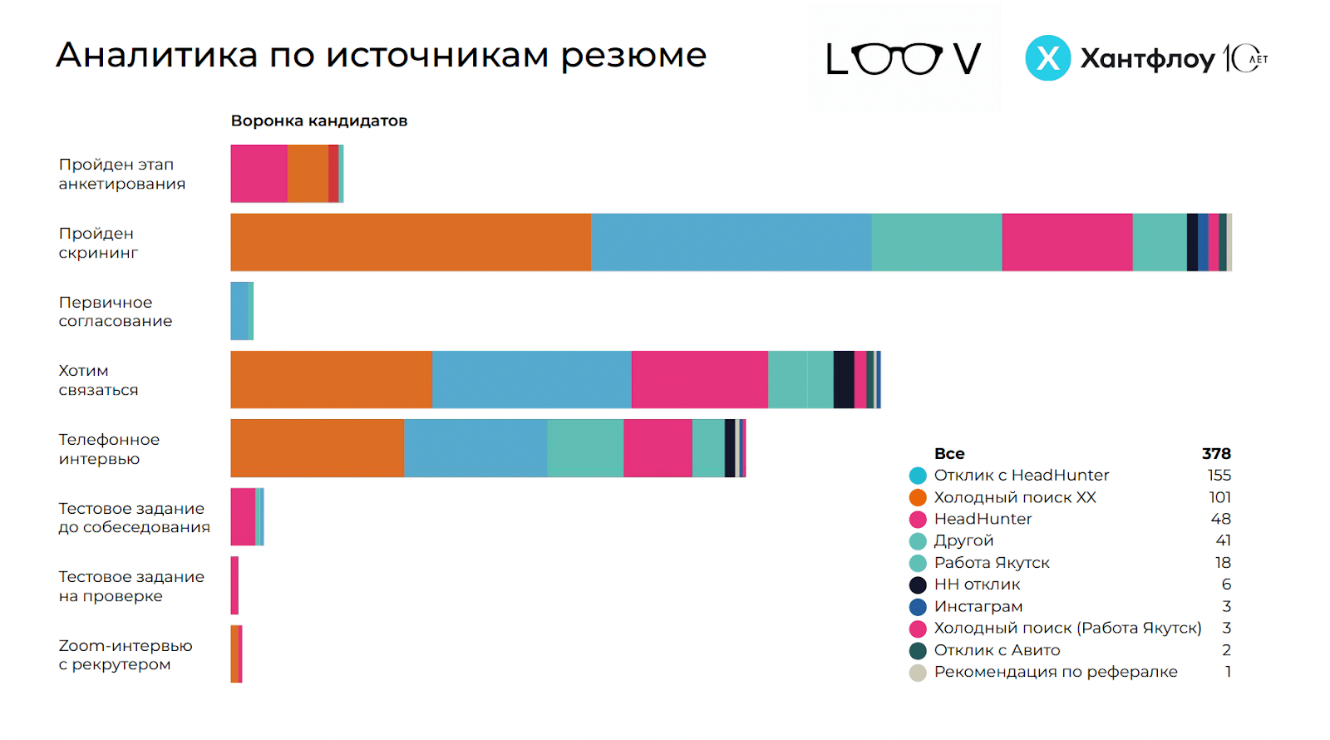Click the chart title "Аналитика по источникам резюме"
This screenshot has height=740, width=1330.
point(381,56)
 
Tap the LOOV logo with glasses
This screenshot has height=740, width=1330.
point(904,58)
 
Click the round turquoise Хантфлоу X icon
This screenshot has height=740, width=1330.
point(1047,58)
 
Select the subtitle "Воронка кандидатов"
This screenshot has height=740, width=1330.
point(319,121)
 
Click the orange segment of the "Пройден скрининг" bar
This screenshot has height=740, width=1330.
point(411,242)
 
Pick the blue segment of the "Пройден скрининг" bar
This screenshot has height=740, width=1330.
point(731,242)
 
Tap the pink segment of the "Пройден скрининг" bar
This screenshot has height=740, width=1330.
point(1067,242)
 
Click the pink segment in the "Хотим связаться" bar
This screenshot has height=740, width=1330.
point(699,380)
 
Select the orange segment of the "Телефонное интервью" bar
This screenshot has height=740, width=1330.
point(317,448)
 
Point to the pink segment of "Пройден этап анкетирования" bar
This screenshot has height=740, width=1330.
point(259,174)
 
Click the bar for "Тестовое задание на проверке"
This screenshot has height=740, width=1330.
point(234,585)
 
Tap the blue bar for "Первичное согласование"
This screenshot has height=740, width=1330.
point(239,311)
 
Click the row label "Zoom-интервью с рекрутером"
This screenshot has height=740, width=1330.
point(125,655)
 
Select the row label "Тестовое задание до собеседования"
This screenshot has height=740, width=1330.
point(134,517)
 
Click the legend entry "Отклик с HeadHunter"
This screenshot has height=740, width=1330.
point(1021,476)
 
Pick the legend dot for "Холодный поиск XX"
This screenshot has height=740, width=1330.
point(918,497)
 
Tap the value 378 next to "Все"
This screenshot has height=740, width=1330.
point(1215,453)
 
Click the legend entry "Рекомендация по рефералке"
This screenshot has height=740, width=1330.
point(1055,672)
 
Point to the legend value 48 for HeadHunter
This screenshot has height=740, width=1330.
point(1220,519)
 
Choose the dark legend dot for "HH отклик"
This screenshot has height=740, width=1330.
point(918,585)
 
